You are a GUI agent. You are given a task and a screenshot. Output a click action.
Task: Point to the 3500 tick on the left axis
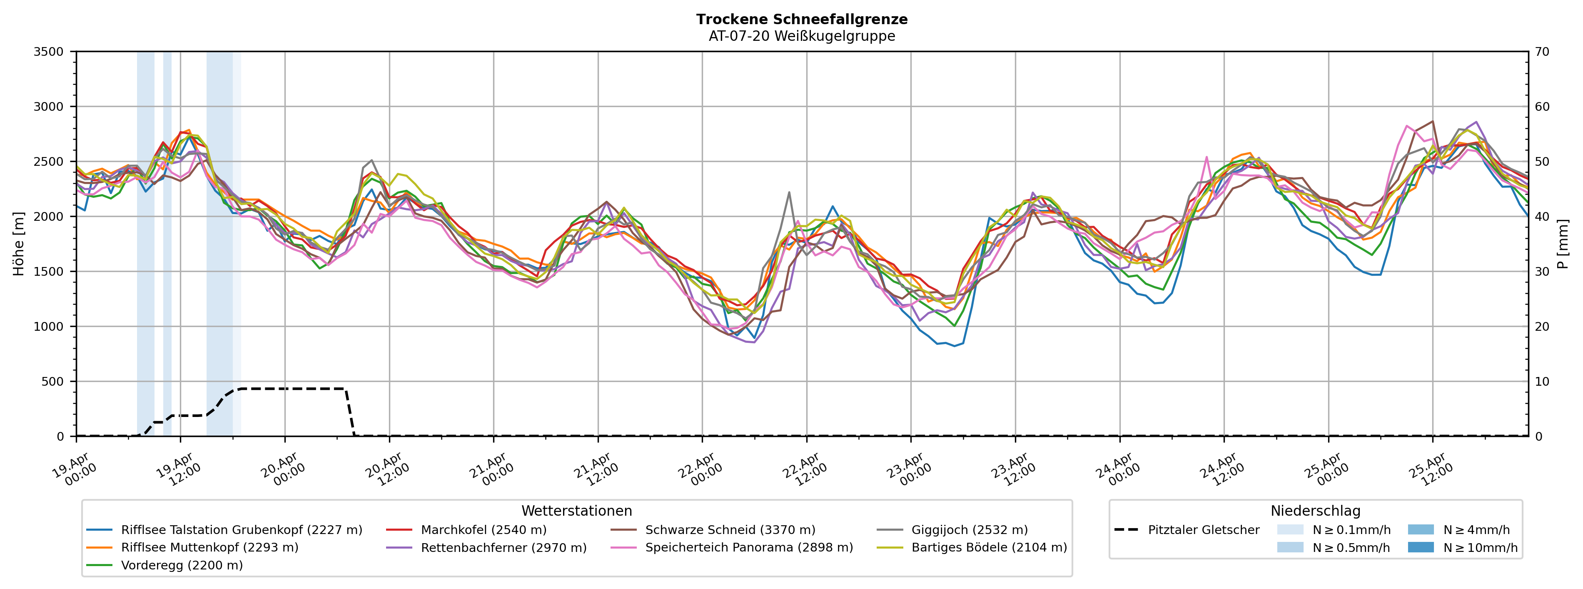49,52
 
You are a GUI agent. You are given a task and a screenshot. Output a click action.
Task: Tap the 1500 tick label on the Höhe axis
49,272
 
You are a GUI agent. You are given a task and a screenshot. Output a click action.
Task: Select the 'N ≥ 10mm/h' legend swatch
1420,547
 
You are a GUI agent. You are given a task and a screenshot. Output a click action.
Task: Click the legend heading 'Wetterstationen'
576,511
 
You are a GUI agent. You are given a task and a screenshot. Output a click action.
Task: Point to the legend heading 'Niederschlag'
1315,511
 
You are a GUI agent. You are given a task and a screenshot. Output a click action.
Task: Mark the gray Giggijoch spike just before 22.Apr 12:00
789,192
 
